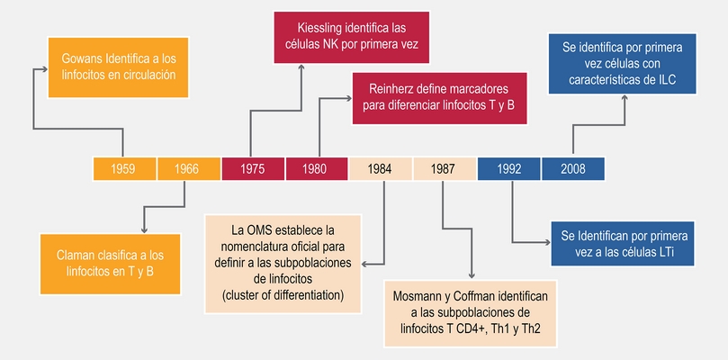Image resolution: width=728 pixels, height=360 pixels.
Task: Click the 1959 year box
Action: (124, 168)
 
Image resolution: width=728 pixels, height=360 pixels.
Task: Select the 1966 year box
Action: (188, 168)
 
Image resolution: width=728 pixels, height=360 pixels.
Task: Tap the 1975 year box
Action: (253, 168)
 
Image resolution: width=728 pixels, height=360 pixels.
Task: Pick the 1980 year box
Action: (317, 168)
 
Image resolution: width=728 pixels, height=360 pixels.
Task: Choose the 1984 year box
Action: (381, 168)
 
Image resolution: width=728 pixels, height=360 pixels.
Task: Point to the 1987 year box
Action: (445, 168)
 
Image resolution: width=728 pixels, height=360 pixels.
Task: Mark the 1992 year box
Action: (509, 168)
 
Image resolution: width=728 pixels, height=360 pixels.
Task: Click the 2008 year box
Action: (573, 168)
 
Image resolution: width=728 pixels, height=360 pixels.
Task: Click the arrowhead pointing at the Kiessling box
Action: (301, 67)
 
